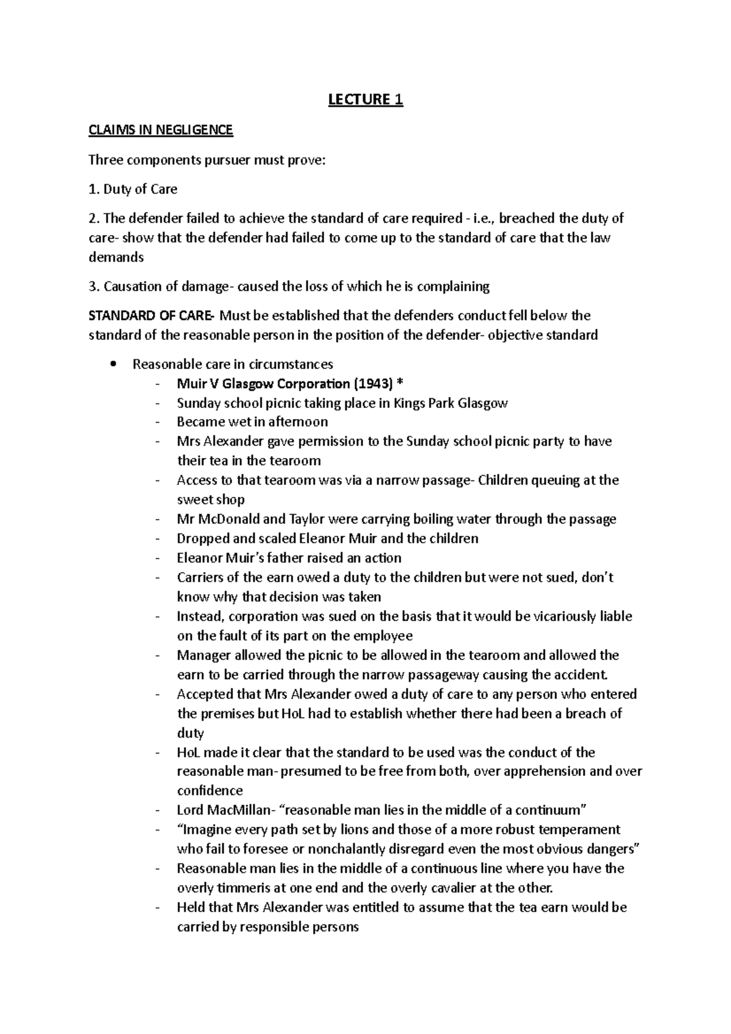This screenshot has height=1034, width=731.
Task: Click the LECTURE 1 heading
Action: point(365,99)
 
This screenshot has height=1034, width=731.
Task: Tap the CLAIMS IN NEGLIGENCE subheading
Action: point(161,130)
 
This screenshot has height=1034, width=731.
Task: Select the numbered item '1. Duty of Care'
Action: point(133,189)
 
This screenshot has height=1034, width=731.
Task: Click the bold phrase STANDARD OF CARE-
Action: point(152,315)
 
